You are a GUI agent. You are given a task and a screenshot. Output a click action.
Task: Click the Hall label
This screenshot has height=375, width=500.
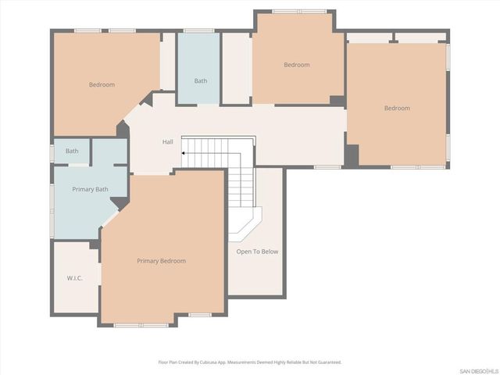[167, 142]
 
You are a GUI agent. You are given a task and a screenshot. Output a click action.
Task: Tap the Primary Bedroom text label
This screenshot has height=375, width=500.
[161, 261]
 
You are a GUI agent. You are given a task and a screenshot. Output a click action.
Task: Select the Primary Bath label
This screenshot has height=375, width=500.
[90, 190]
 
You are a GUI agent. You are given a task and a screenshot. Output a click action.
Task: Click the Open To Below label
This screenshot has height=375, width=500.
[257, 252]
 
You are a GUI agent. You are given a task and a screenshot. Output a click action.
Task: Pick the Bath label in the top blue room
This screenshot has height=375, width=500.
[201, 80]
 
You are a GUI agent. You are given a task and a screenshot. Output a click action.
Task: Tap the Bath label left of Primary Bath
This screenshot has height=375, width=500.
[72, 151]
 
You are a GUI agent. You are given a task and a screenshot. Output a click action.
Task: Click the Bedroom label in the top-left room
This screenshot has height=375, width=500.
[102, 84]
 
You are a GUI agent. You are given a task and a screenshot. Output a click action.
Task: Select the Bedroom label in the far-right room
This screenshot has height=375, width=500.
[397, 109]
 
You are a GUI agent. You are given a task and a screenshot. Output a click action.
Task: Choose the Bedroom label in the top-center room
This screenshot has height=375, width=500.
[296, 65]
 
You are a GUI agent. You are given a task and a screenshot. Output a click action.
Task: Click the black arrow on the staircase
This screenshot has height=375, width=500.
[184, 154]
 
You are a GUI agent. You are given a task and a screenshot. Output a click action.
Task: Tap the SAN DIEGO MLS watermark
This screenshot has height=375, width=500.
[478, 370]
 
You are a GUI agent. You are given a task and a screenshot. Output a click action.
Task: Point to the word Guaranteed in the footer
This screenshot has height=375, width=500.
[328, 362]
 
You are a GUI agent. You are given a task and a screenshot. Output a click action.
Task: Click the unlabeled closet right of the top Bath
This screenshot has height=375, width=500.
[237, 69]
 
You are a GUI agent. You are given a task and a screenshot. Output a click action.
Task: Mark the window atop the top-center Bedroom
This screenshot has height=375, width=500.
[299, 11]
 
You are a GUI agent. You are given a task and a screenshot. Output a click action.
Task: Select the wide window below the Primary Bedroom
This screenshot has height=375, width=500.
[141, 324]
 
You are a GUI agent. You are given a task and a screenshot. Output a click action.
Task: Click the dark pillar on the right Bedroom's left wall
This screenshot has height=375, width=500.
[352, 155]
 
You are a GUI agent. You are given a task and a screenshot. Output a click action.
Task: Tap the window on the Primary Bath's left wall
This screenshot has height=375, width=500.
[52, 208]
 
